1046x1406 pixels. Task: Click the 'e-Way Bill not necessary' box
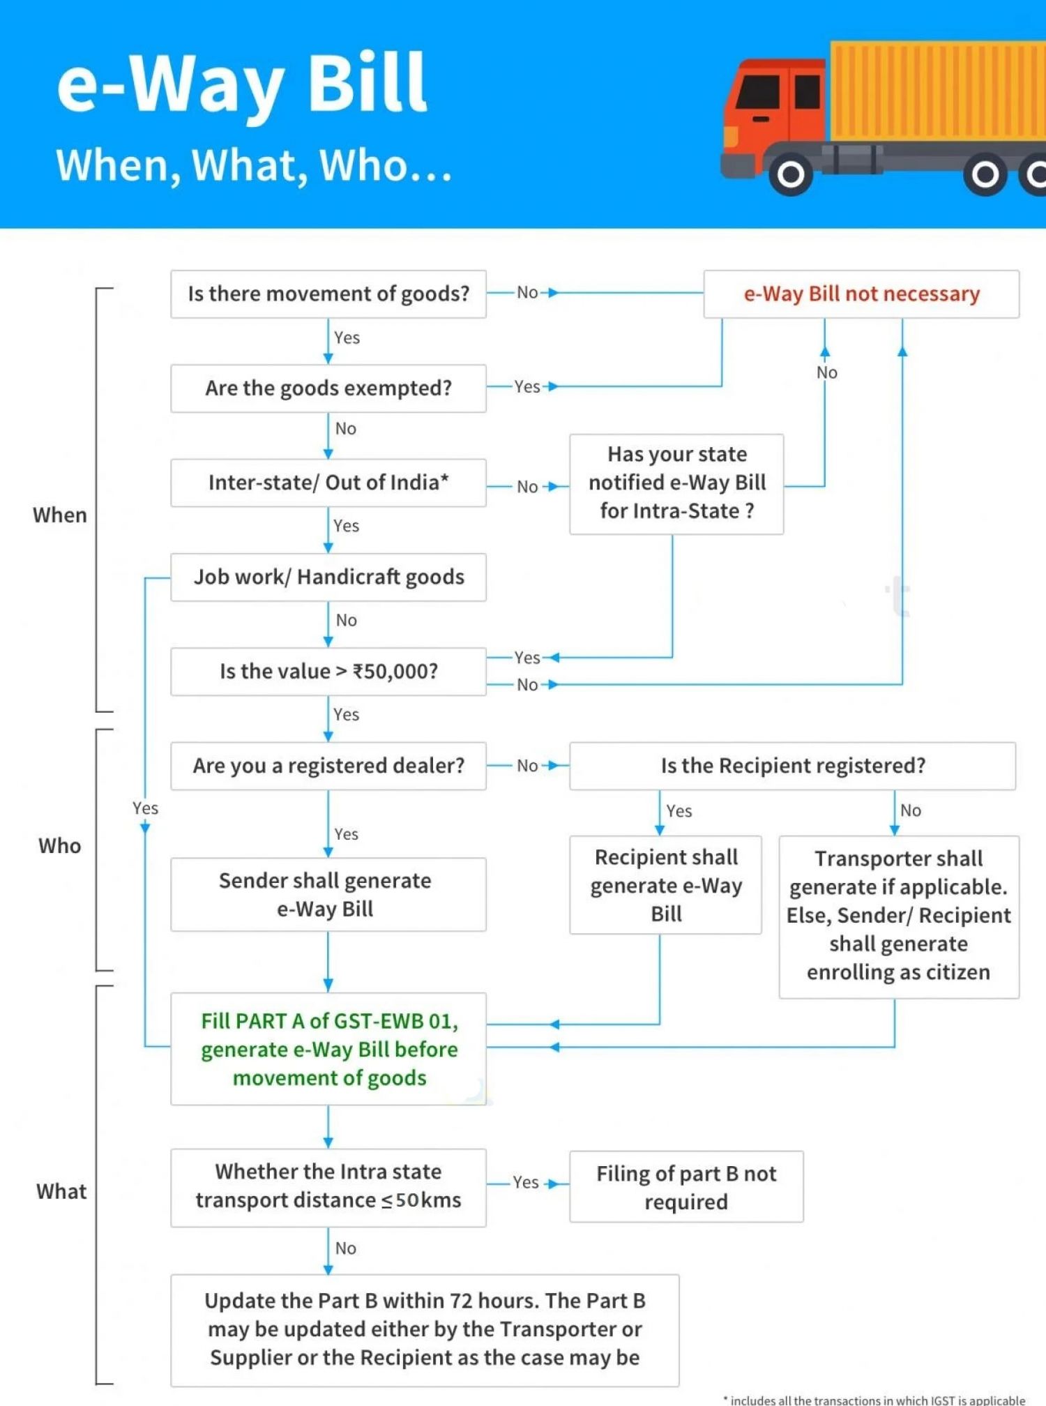(861, 294)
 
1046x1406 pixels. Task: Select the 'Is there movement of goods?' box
(328, 294)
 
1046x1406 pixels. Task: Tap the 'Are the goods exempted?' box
(328, 388)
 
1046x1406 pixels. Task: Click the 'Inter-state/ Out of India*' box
(328, 483)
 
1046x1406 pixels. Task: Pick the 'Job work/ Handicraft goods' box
(328, 577)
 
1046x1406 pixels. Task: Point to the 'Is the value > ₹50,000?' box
(328, 672)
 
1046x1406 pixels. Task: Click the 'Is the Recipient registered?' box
(792, 766)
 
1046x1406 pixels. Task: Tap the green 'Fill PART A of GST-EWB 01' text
(329, 1049)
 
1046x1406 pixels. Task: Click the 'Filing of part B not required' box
(686, 1187)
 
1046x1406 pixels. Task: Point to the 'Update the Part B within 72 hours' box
(425, 1329)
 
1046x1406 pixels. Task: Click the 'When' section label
(60, 515)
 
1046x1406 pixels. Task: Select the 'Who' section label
(60, 846)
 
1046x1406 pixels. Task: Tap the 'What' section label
(61, 1191)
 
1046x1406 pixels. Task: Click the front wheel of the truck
(790, 174)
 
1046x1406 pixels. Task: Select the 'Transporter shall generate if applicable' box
(898, 916)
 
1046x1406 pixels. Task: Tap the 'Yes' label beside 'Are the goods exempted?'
(527, 386)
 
